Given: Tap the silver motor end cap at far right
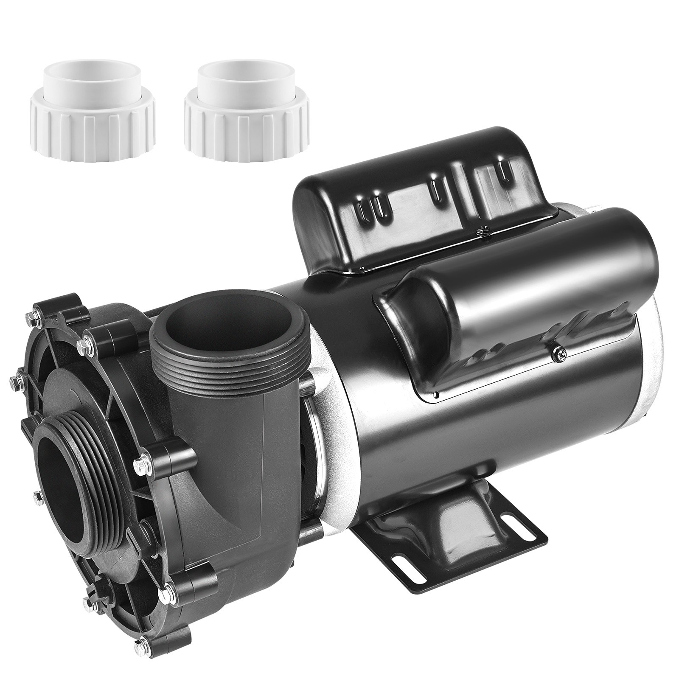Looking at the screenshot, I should pyautogui.click(x=656, y=365).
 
